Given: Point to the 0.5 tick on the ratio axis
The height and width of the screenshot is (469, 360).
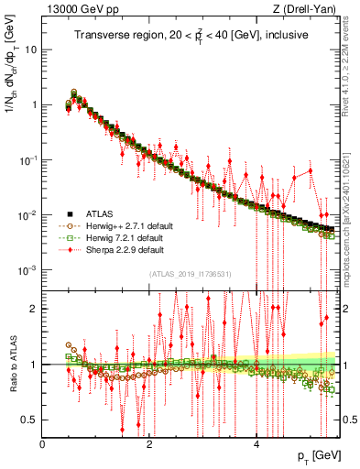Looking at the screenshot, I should tap(30, 420).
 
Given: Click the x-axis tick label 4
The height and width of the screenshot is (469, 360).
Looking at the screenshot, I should tap(256, 443).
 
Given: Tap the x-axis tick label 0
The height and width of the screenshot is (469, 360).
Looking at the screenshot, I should tap(42, 443).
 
